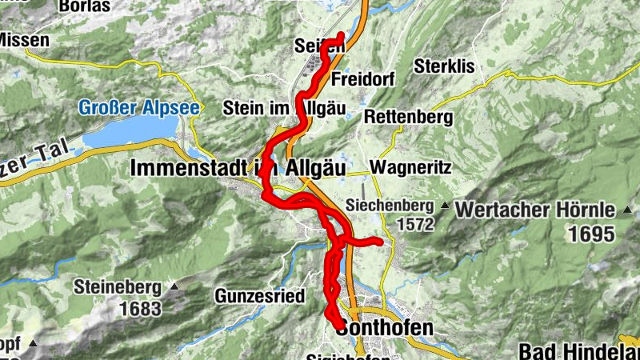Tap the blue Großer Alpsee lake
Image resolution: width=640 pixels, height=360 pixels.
click(x=128, y=131)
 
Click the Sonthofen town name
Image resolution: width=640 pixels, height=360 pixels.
click(x=385, y=328)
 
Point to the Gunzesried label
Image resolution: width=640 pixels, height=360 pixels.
click(x=259, y=296)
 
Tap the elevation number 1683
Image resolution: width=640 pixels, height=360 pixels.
click(x=141, y=307)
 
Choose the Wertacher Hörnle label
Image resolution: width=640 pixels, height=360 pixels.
click(x=535, y=211)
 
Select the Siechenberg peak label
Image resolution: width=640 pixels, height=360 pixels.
click(x=390, y=206)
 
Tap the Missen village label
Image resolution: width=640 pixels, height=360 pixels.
click(x=24, y=39)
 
